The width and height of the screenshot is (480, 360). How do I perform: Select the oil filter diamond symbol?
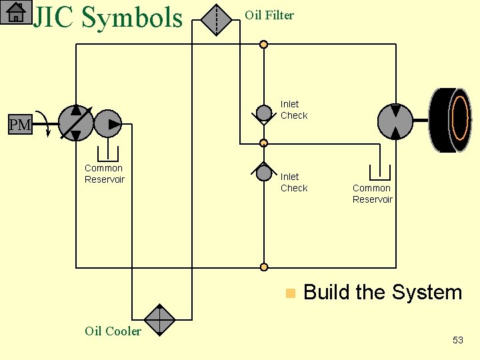(216, 19)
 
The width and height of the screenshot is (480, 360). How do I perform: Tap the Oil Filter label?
(269, 15)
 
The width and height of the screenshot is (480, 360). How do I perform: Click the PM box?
(20, 125)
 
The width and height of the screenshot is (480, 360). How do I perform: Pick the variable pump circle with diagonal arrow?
(76, 123)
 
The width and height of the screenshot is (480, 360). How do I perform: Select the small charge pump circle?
(108, 123)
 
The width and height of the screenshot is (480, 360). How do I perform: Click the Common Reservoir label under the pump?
(105, 174)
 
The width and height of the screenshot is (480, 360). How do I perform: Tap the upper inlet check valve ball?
(264, 113)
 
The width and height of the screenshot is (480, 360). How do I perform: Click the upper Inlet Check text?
(294, 109)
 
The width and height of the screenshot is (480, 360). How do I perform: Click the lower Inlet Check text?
(294, 182)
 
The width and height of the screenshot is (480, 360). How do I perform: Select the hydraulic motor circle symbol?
(395, 121)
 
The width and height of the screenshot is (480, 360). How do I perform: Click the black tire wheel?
(451, 120)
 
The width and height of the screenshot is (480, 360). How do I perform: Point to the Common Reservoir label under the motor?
(372, 194)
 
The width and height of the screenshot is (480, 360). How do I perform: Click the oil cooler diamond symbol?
(159, 319)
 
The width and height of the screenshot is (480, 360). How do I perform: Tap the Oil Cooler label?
(113, 331)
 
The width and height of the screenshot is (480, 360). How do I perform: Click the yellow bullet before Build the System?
(289, 293)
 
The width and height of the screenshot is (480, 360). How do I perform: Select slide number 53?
(457, 340)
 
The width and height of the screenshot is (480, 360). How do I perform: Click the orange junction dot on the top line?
(264, 45)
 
